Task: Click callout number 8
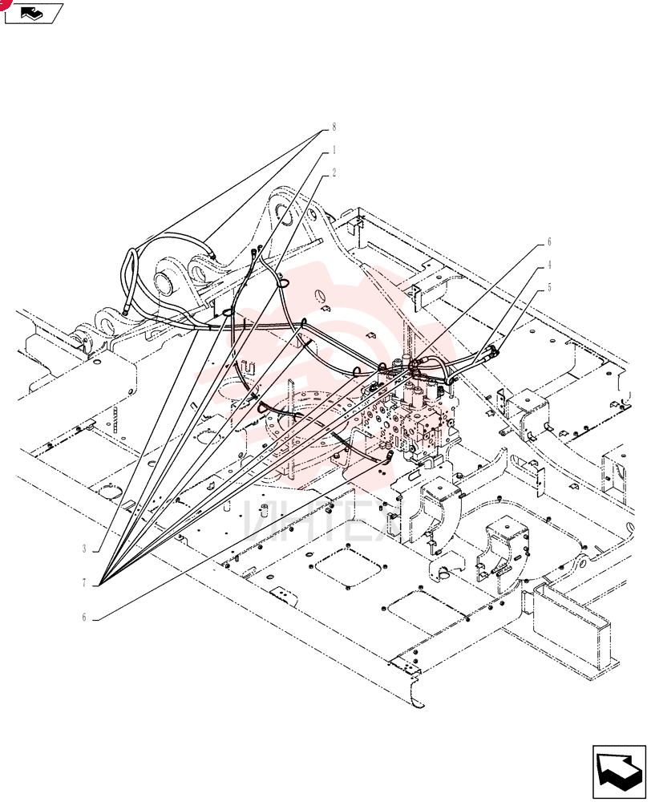click(334, 127)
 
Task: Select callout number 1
click(334, 150)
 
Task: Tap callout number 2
click(334, 173)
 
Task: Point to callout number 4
click(549, 265)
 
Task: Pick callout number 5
click(549, 287)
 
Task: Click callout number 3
click(84, 549)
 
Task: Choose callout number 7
click(84, 583)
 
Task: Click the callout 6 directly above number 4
click(549, 242)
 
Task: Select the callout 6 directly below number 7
click(84, 618)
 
